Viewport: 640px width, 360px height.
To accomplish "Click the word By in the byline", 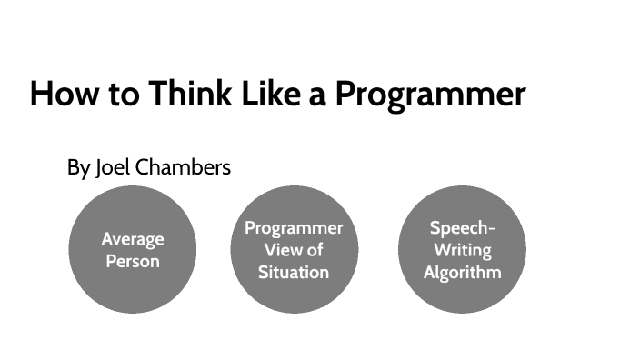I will [78, 168].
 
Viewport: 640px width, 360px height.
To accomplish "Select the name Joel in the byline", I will [113, 168].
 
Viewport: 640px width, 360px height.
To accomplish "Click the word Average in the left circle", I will [133, 239].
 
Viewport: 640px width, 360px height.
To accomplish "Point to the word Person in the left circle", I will [133, 261].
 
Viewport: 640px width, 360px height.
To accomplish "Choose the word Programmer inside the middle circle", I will [294, 228].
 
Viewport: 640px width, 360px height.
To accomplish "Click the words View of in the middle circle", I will [294, 250].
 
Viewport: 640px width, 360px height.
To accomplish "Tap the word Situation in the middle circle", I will [294, 272].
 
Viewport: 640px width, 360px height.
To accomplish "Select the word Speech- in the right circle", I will [462, 228].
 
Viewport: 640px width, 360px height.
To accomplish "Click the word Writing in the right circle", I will [462, 250].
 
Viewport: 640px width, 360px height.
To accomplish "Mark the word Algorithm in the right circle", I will [462, 272].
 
